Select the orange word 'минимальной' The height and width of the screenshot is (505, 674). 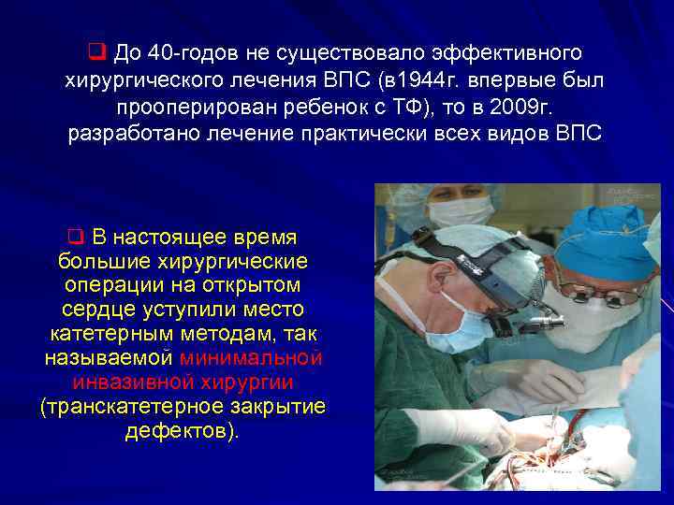pyautogui.click(x=251, y=358)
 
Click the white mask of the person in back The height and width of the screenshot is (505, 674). pyautogui.click(x=462, y=211)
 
